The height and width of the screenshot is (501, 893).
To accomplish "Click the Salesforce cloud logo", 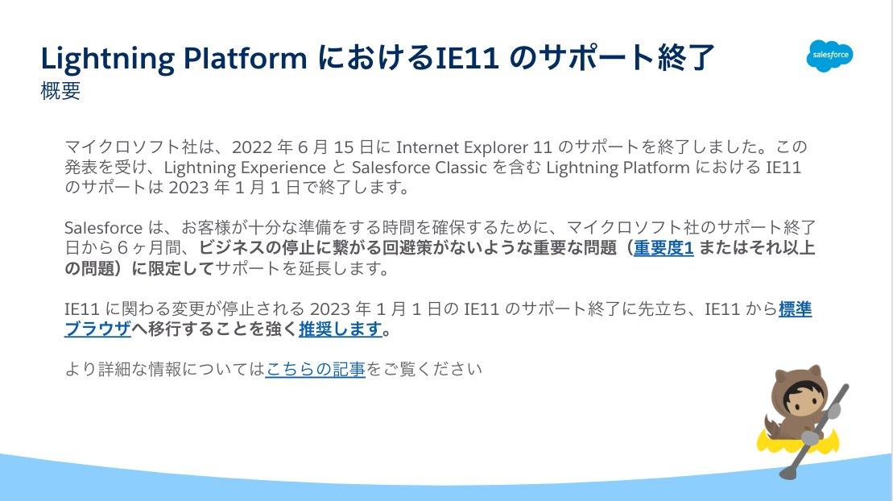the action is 829,56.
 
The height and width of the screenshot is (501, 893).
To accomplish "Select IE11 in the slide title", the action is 468,57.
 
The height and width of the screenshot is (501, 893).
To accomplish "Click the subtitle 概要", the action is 60,91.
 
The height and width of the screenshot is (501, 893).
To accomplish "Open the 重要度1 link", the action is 664,248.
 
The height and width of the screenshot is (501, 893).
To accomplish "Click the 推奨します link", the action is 340,329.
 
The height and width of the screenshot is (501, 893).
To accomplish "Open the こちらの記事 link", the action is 315,370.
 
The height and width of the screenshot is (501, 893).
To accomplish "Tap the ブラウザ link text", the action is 97,329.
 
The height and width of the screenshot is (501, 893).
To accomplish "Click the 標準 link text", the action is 795,309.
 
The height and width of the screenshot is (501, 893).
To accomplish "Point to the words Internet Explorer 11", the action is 473,147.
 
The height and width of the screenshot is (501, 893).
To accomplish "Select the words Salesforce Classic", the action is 420,168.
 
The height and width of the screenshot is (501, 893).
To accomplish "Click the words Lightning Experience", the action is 245,168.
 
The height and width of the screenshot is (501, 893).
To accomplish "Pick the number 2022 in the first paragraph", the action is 251,147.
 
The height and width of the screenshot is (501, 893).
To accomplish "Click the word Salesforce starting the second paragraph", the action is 103,228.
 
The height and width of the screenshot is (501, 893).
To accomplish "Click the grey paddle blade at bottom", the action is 789,471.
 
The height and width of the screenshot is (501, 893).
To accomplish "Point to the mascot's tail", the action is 773,425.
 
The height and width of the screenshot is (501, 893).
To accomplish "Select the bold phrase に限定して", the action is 172,268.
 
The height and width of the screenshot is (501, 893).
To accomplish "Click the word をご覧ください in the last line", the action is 424,370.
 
